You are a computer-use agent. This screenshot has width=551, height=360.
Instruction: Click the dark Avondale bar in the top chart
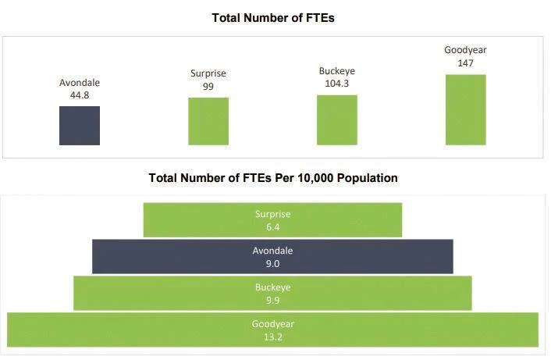coord(80,126)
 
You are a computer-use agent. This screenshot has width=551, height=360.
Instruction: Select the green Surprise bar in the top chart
coord(208,121)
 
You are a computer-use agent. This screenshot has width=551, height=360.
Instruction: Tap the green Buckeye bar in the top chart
coord(337,119)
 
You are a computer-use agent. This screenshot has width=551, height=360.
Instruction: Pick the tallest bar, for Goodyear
coord(465,109)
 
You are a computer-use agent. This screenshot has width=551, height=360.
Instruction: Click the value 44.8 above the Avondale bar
coord(80,95)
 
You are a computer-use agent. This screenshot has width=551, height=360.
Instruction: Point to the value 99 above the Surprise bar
coord(208,86)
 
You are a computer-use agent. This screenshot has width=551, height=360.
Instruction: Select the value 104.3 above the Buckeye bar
coord(337,83)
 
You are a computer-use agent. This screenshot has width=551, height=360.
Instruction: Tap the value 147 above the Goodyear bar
coord(465,63)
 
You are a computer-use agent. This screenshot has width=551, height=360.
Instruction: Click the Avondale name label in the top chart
coord(80,83)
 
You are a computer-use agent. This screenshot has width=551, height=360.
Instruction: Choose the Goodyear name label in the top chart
coord(465,51)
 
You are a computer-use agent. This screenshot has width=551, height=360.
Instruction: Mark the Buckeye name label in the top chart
coord(337,70)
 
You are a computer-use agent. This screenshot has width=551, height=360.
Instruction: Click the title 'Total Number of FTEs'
coord(273,17)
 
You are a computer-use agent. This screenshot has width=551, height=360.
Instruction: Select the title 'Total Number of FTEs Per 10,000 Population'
coord(273,178)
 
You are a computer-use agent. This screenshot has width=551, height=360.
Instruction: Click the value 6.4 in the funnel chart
coord(272,227)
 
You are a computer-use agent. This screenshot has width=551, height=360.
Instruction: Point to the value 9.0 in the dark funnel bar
coord(272,264)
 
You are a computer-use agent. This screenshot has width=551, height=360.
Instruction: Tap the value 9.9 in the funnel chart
coord(272,301)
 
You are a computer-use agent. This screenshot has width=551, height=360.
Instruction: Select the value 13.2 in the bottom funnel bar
coord(272,337)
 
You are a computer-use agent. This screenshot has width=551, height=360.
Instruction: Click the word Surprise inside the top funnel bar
coord(272,214)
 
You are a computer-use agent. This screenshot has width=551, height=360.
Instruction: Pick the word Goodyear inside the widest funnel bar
coord(272,324)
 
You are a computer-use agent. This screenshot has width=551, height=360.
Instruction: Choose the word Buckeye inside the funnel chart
coord(272,287)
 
